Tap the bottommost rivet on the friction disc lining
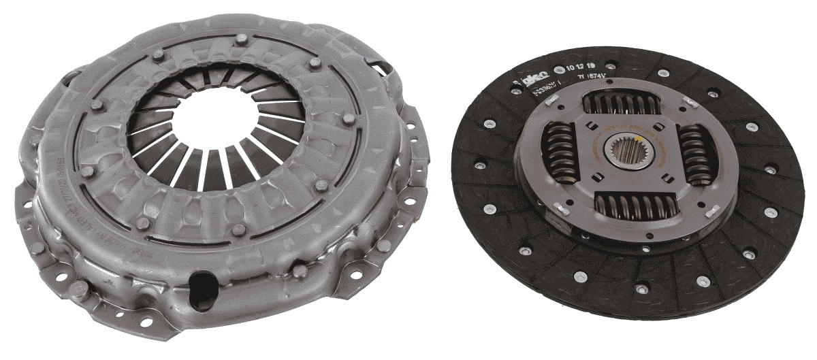point(641,289)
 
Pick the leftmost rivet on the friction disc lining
point(481,166)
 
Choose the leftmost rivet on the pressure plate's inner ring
point(86,171)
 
